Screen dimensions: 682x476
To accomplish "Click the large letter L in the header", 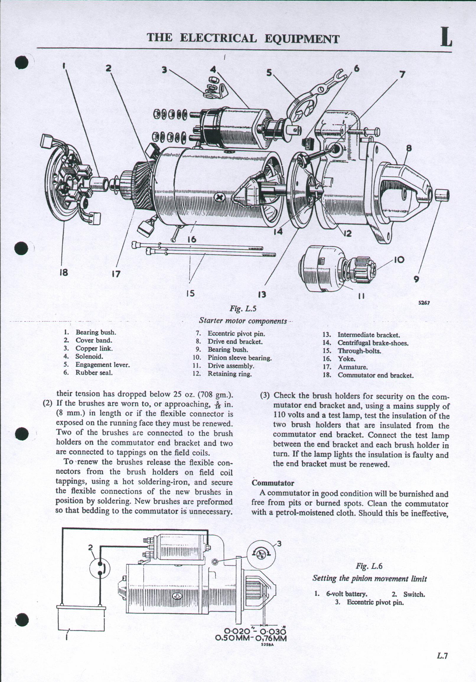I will point(446,38).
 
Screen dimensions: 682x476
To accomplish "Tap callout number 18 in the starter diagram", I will point(63,272).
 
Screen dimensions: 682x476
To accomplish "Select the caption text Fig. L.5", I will point(243,309).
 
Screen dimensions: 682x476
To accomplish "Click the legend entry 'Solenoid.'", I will point(89,356).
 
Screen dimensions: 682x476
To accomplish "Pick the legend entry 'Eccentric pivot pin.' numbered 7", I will point(236,334).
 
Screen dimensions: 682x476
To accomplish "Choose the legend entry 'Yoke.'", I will point(346,359).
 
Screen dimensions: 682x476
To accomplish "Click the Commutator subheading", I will point(273,483).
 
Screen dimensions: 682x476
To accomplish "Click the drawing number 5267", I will point(424,303).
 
